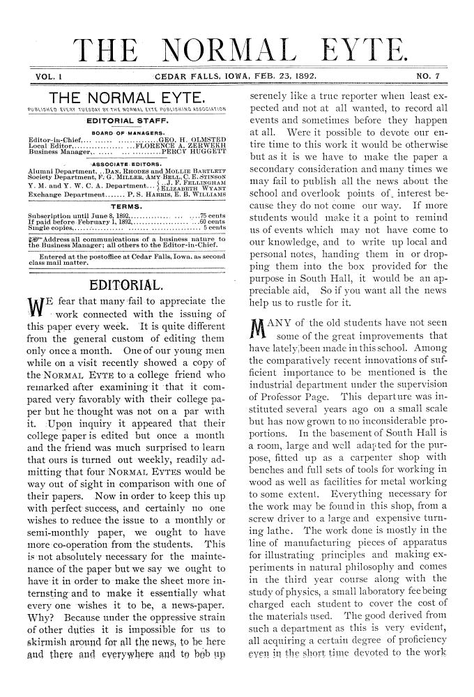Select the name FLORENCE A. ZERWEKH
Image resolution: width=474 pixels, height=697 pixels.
click(184, 146)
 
